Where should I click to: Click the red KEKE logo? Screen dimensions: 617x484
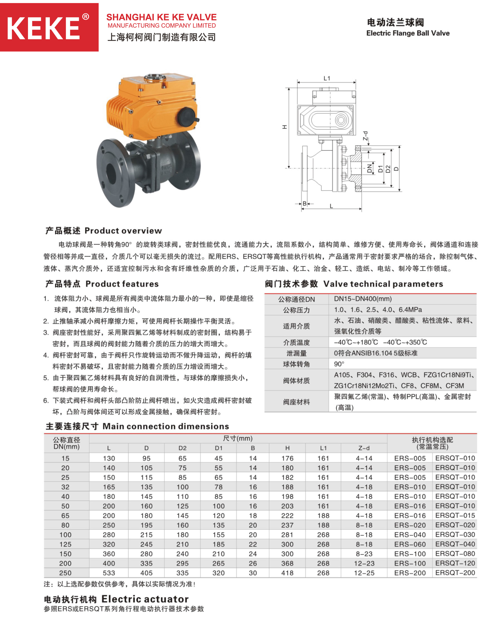pos(49,28)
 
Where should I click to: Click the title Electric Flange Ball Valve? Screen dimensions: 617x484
pos(408,33)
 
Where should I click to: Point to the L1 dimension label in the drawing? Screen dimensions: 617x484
pos(327,78)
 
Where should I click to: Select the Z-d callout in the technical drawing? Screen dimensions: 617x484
pos(366,136)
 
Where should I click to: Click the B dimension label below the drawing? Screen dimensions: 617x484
pos(305,203)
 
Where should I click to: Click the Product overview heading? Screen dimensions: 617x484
pos(104,231)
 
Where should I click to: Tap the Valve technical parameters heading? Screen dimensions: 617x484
pos(354,284)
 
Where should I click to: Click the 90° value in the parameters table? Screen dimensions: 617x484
pos(339,364)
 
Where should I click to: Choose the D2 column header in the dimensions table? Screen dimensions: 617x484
pos(183,448)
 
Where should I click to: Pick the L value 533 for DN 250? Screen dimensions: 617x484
pos(109,573)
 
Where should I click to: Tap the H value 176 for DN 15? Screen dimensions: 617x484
pos(287,458)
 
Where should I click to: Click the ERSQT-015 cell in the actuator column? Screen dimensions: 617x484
pos(455,515)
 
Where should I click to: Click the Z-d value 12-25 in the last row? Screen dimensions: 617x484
pos(364,573)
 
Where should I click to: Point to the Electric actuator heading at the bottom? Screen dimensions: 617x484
pos(116,599)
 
